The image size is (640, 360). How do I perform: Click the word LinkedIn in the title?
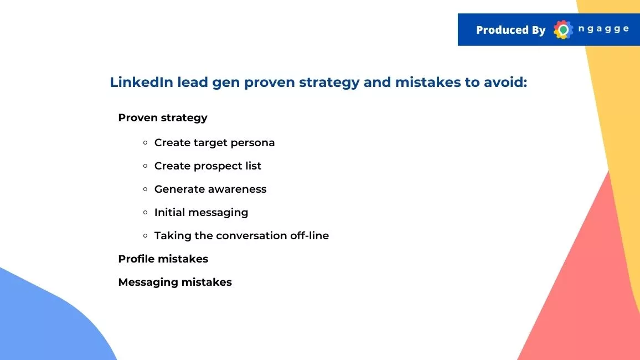[142, 82]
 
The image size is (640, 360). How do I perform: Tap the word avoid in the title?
[505, 82]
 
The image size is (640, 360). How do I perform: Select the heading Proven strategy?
[162, 118]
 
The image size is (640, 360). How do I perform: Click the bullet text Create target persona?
[214, 143]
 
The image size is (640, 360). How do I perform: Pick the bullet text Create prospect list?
[208, 166]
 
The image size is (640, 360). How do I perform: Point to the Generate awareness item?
[210, 189]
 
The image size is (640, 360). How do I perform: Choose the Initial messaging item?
[201, 213]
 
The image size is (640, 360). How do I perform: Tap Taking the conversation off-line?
[241, 235]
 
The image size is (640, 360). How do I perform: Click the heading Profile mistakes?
[163, 259]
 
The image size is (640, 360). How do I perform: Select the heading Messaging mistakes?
[175, 282]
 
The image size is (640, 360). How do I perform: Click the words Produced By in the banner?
[510, 30]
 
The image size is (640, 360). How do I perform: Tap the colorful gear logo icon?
[563, 29]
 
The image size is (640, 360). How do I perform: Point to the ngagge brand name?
[603, 29]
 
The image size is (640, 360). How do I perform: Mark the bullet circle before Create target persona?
[145, 143]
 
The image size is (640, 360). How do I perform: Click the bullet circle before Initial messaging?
[145, 212]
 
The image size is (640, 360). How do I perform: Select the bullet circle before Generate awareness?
[145, 189]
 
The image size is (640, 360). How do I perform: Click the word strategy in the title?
[329, 83]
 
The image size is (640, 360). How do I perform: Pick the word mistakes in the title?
[428, 82]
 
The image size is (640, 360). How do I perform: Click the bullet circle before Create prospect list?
[145, 166]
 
